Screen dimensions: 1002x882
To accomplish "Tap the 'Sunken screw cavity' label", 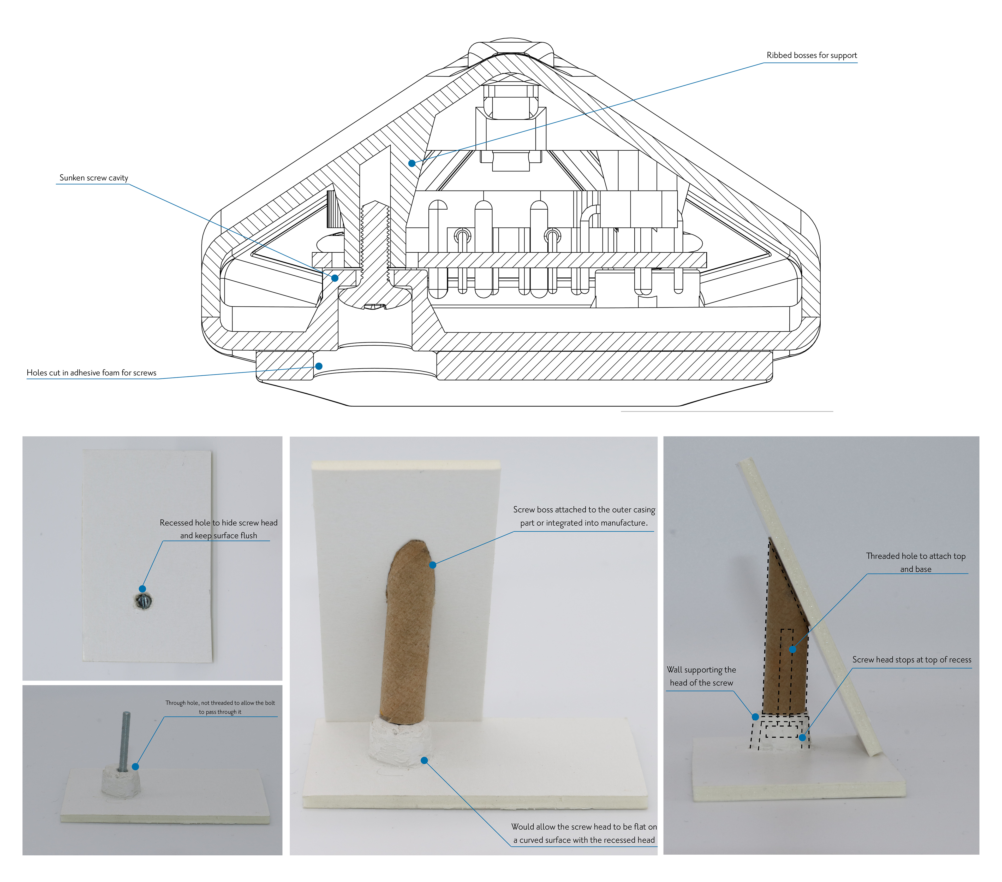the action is point(94,178).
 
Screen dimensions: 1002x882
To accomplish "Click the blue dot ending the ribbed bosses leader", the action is point(412,163).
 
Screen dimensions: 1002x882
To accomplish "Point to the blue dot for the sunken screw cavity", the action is point(335,278).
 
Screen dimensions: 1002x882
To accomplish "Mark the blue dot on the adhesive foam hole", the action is point(319,366).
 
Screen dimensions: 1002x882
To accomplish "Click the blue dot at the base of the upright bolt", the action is point(135,766).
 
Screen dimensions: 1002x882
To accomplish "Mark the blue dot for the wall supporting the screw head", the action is point(755,717).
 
